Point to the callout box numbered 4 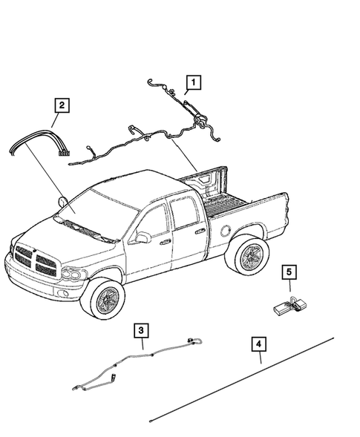[x=258, y=345]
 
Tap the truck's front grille [x=33, y=259]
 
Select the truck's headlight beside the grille [x=73, y=274]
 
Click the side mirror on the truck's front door [x=141, y=237]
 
